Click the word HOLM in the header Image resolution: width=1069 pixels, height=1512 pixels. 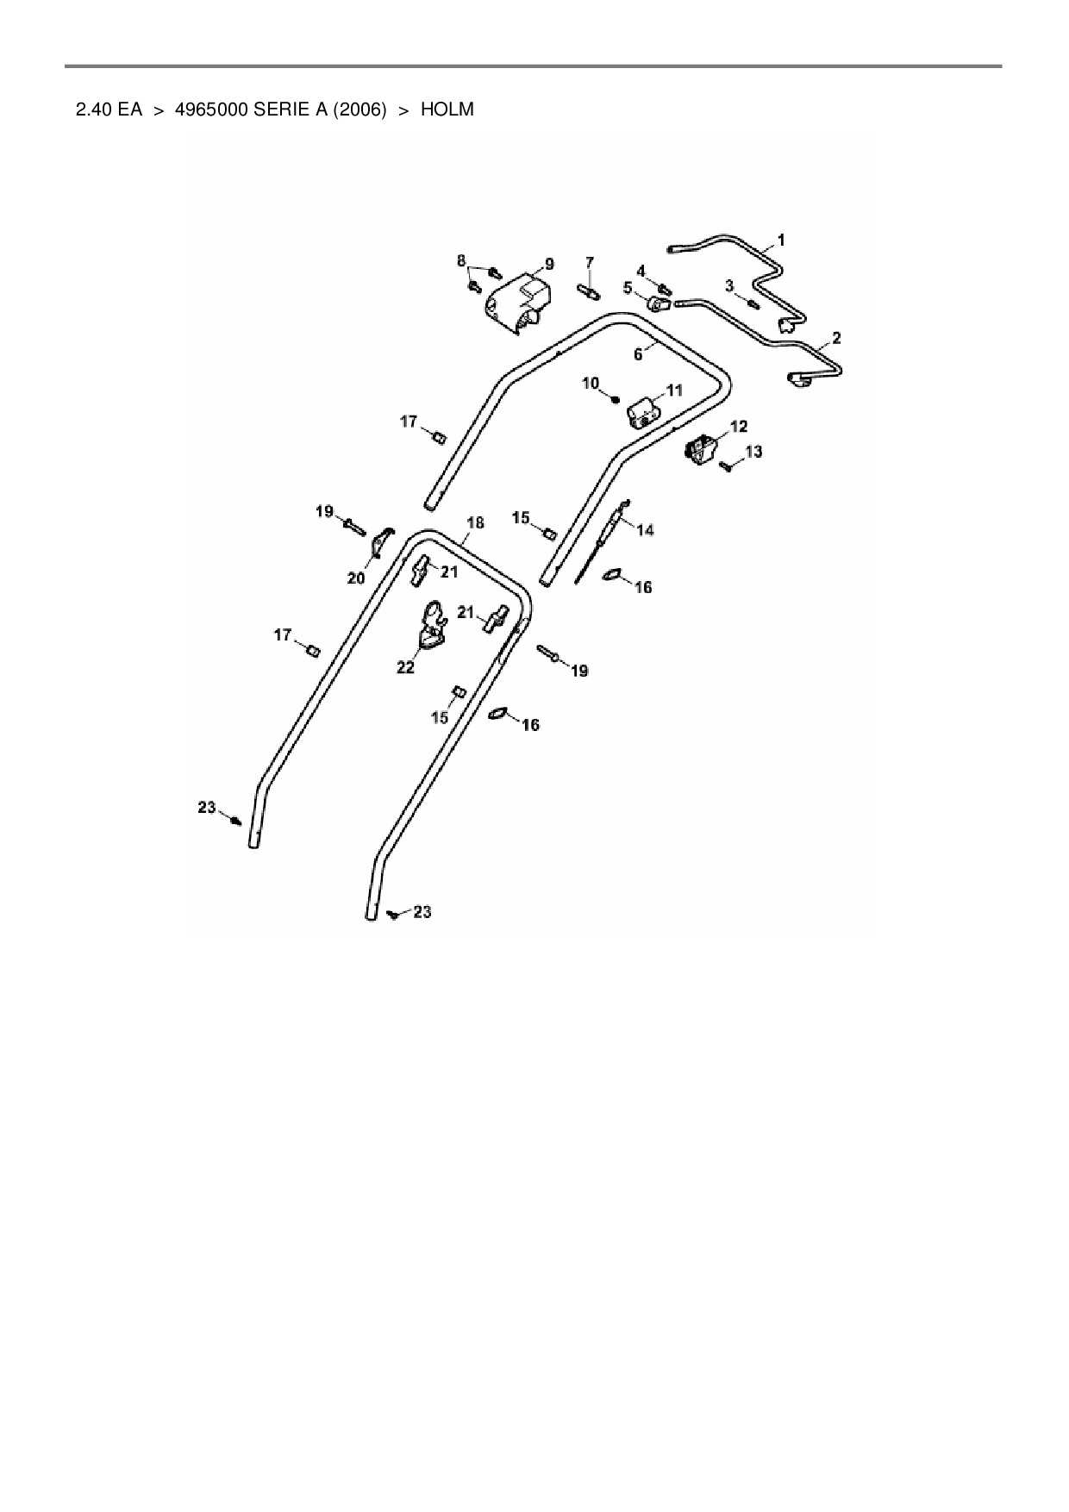tap(447, 110)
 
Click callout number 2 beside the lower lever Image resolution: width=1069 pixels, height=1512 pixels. tap(836, 338)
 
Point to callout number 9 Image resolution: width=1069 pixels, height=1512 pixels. tap(549, 265)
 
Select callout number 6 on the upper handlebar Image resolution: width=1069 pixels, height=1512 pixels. tap(638, 354)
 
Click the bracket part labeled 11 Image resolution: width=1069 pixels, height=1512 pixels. tap(641, 414)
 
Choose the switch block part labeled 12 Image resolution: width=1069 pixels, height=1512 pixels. tap(700, 450)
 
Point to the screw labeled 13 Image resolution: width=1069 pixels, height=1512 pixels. tap(726, 466)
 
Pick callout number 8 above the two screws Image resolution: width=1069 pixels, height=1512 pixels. tap(461, 260)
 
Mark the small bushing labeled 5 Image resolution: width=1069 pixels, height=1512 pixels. tap(659, 304)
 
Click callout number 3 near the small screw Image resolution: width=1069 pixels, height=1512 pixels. tap(728, 285)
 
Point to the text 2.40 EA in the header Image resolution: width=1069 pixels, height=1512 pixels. tap(109, 110)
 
